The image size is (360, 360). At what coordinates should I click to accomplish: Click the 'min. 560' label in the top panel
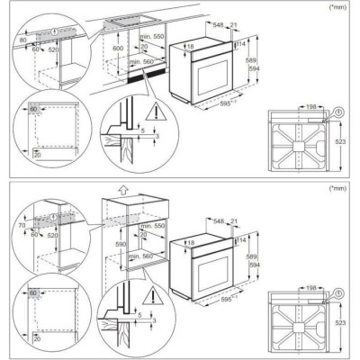pyautogui.click(x=139, y=62)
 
